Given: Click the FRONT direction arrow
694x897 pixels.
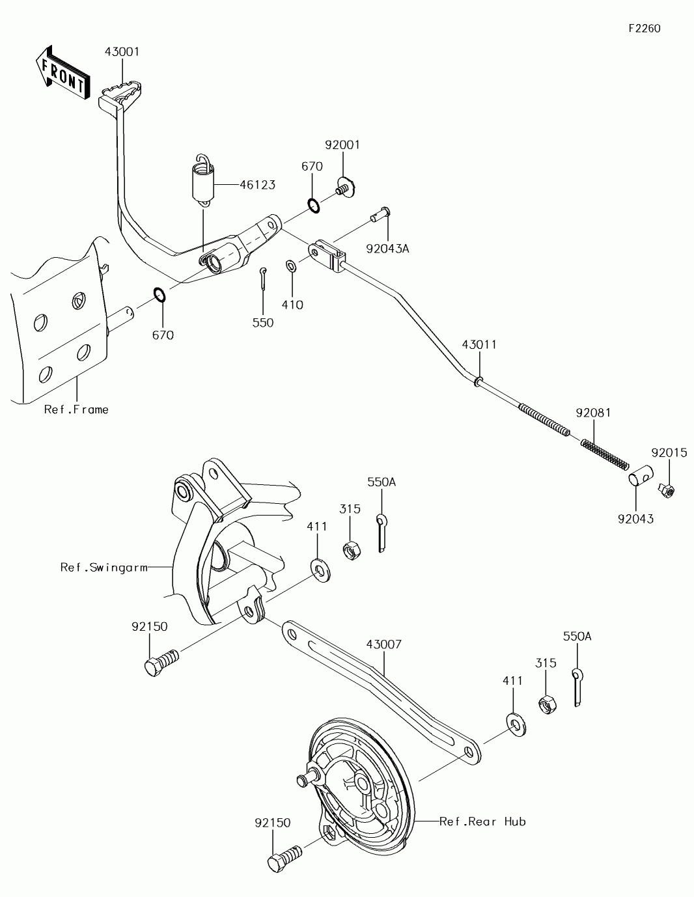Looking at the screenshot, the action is point(63,74).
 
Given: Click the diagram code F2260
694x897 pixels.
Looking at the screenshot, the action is point(645,29).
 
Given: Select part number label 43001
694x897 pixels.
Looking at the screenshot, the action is point(122,52).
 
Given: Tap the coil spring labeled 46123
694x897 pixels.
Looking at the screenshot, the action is point(204,180).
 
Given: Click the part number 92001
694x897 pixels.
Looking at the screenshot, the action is point(342,145).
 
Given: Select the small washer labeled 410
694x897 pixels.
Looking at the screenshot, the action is point(290,266).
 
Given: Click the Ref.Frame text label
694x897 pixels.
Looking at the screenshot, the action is point(76,409).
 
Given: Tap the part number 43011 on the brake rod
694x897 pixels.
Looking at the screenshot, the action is point(479,345).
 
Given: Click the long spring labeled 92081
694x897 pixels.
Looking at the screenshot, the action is point(605,455).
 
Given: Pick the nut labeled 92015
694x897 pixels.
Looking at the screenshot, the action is point(667,490).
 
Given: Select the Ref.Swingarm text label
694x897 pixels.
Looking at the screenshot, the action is point(104,568).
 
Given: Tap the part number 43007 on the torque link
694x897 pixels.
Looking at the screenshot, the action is point(384,644).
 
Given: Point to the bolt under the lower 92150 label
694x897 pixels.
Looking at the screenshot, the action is point(285,858).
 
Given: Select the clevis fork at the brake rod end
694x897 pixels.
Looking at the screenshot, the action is point(327,256).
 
